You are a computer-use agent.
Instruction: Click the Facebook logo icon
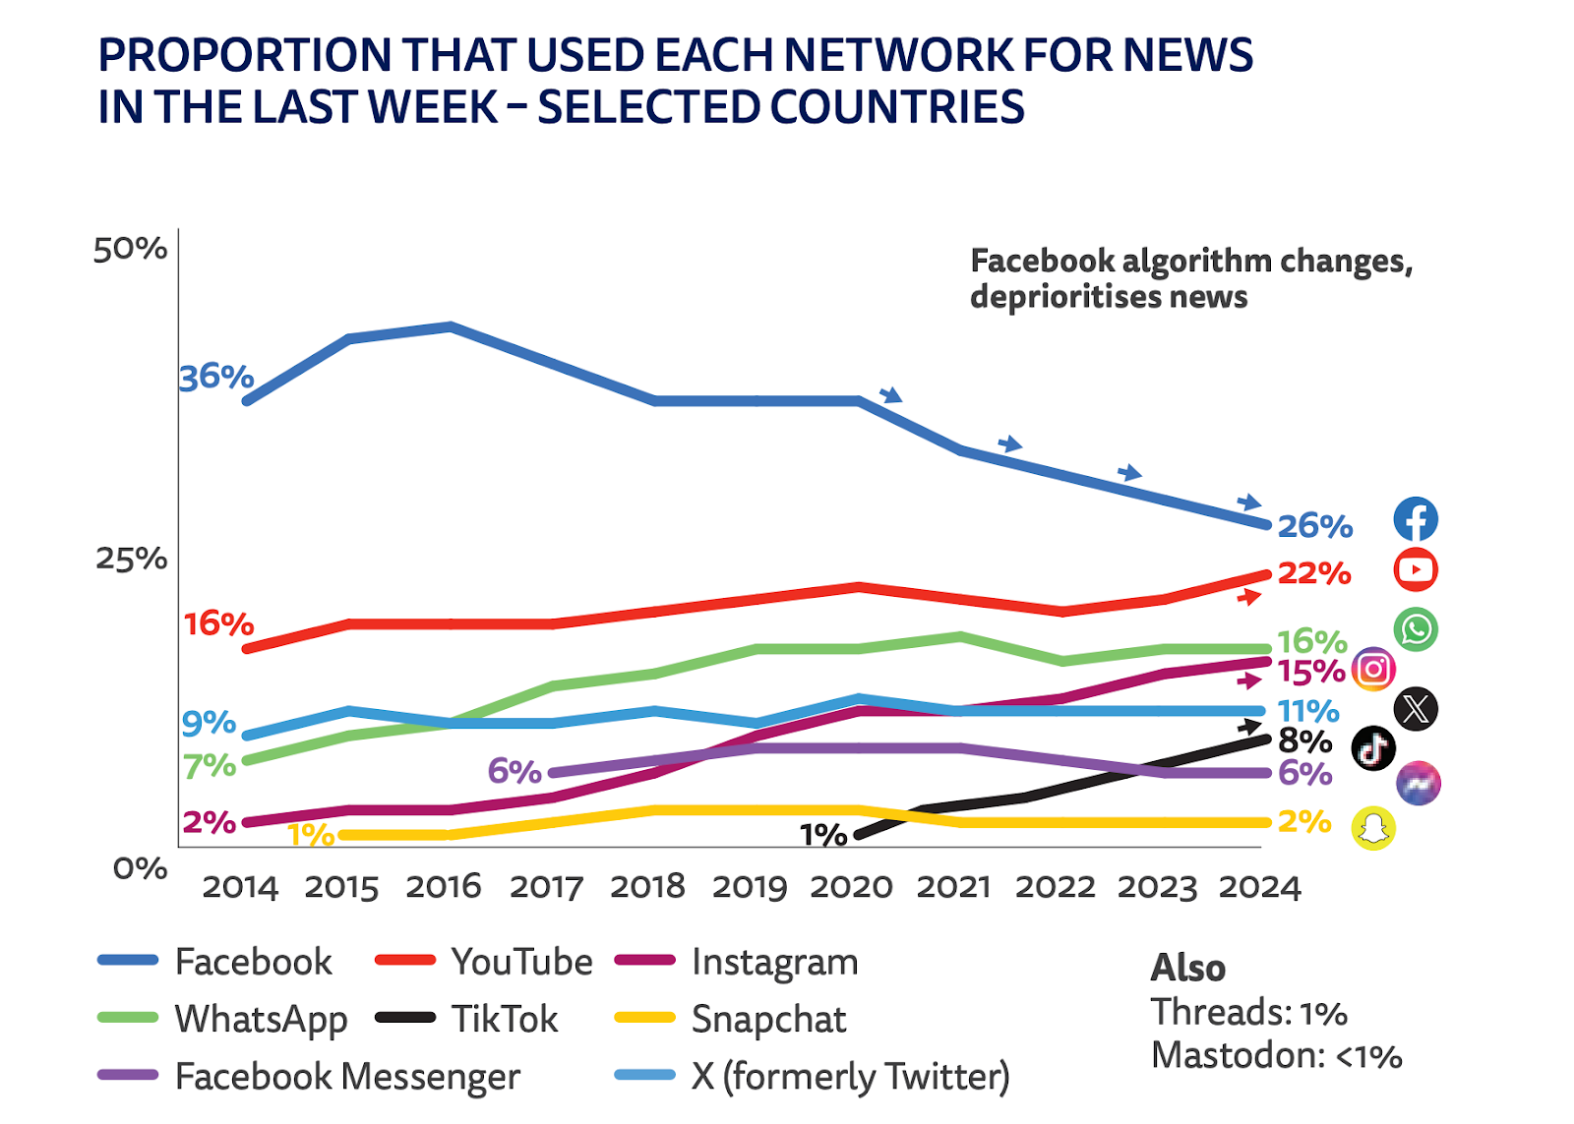1416,519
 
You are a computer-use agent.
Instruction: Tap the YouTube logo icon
1416,569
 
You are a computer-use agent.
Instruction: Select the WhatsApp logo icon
1416,629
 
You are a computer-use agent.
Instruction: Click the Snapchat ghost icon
1373,828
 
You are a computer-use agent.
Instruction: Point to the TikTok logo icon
1373,748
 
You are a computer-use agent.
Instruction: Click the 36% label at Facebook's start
216,377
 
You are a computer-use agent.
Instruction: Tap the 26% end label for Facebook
1314,526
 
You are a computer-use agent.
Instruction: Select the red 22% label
1313,573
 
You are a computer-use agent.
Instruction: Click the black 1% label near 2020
823,836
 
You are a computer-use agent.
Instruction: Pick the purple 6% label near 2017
515,771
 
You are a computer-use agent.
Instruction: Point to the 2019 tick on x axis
750,887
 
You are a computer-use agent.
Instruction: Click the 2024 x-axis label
1259,887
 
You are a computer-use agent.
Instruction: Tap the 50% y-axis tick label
130,250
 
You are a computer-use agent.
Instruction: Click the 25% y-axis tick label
131,559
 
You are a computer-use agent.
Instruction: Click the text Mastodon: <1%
1276,1056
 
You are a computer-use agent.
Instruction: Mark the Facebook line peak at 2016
450,326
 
